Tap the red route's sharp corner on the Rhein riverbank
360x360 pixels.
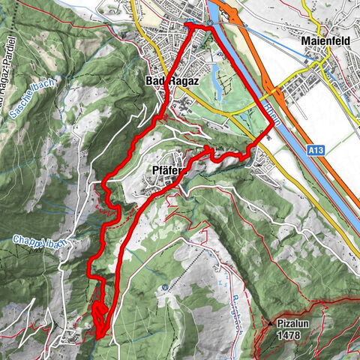coord(269,129)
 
